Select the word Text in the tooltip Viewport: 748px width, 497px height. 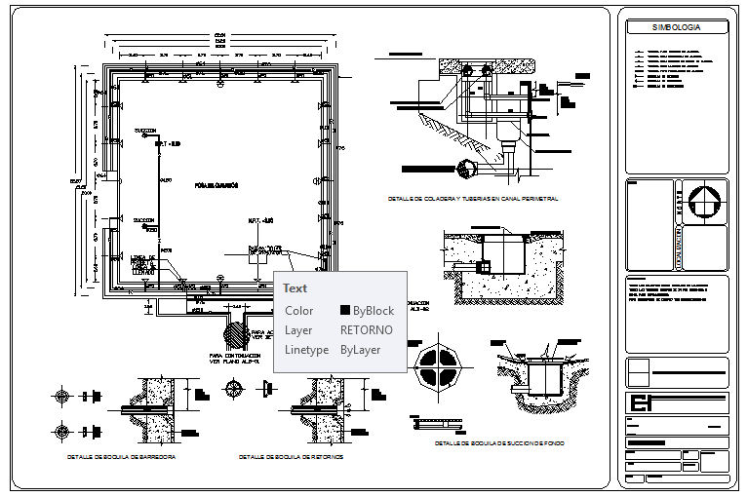click(x=295, y=288)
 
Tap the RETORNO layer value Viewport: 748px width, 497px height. click(x=367, y=330)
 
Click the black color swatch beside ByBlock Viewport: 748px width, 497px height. click(x=345, y=311)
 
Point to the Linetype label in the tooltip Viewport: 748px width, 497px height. click(x=305, y=350)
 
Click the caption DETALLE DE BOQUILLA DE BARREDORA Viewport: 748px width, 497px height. click(x=121, y=456)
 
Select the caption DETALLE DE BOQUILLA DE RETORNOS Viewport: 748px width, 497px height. click(x=291, y=456)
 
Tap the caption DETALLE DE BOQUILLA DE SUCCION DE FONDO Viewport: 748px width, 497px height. click(x=500, y=443)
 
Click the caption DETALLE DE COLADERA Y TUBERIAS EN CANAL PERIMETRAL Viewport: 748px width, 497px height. click(x=472, y=199)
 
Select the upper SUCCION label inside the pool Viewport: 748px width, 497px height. click(x=145, y=130)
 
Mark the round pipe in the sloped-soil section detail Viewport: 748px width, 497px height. click(x=465, y=167)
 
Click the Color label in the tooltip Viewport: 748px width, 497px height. click(x=298, y=311)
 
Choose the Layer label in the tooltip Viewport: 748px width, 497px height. click(x=298, y=330)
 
